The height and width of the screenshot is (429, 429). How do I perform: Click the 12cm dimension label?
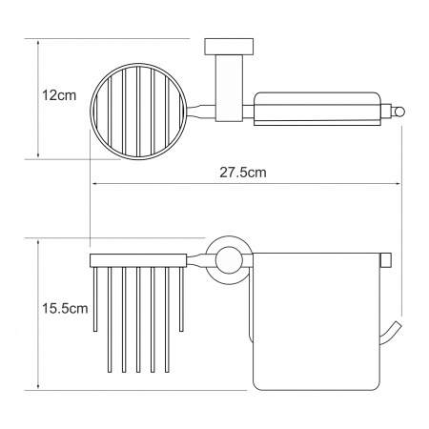point(59,95)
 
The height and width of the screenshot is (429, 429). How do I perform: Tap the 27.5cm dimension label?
point(243,173)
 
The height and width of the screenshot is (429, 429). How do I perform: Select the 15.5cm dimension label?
point(65,308)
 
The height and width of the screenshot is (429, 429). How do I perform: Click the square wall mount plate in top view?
point(229,47)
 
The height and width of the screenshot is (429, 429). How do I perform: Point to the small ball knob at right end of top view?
point(398,112)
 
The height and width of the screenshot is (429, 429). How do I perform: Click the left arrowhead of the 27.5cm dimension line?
point(95,183)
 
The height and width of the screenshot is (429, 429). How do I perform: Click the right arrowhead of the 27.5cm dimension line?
point(397,183)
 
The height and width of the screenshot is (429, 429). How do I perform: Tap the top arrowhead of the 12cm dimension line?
point(38,44)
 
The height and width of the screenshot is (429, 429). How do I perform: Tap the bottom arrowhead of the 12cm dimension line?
point(38,154)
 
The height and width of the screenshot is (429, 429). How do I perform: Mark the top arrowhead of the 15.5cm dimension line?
point(38,244)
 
